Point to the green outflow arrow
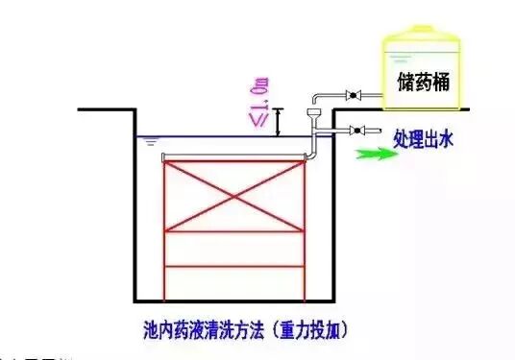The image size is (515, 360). coord(375,152)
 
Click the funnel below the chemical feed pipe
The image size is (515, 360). coord(311,116)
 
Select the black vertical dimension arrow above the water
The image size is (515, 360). coord(277,121)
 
